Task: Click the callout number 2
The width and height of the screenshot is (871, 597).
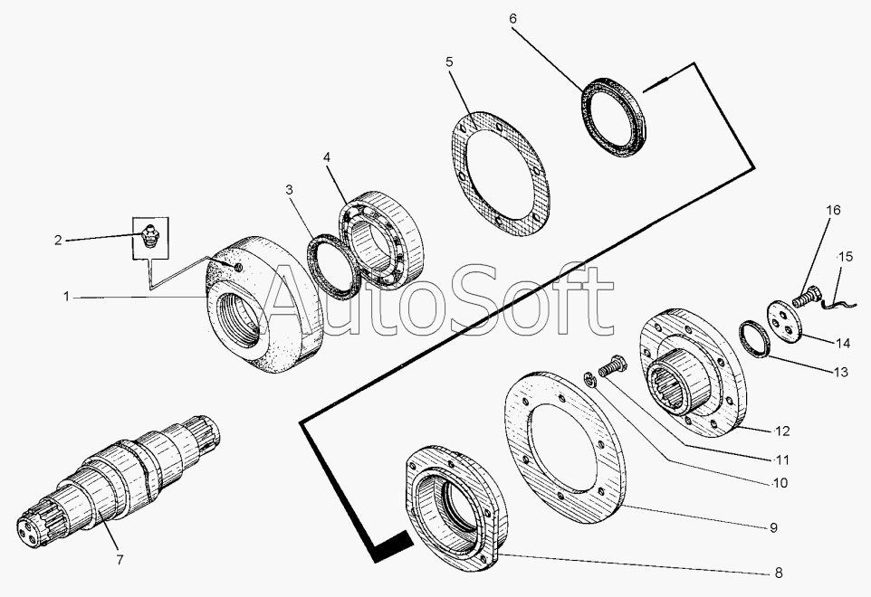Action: tap(58, 241)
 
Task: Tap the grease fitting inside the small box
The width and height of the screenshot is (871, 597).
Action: tap(148, 236)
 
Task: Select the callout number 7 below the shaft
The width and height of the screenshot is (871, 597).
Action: tap(120, 560)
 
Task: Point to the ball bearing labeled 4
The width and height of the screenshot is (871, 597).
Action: tap(381, 239)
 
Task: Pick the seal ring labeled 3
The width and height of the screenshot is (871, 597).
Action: tap(333, 267)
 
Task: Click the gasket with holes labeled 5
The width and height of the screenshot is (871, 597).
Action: tap(500, 172)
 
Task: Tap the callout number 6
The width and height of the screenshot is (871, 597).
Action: tap(512, 19)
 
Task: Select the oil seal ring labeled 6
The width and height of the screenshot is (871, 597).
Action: tap(613, 118)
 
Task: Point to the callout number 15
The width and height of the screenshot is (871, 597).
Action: tap(846, 257)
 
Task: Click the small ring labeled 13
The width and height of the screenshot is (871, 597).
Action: tap(754, 338)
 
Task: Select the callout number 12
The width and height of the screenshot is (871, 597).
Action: tap(782, 431)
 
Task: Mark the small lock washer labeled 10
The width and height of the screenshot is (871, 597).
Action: tap(590, 380)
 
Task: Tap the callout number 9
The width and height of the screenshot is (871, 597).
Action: tap(774, 527)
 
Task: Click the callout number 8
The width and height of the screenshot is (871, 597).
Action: tap(779, 573)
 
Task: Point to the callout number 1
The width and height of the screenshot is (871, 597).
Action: tap(67, 297)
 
